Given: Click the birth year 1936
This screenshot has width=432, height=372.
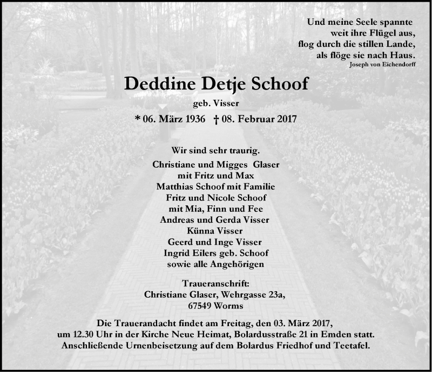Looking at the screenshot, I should [x=193, y=119].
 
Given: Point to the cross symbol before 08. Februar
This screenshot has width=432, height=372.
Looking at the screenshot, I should [x=215, y=119].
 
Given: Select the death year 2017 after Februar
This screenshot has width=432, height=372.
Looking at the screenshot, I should [x=286, y=119].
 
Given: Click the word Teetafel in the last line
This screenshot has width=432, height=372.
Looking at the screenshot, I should [x=353, y=346].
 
